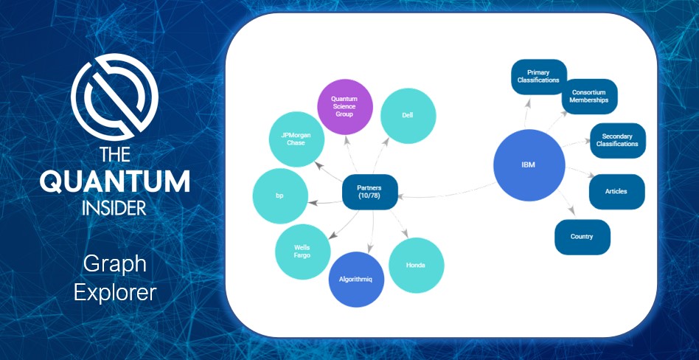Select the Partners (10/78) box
click(x=370, y=193)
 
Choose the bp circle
click(x=279, y=197)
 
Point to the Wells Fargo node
click(x=302, y=252)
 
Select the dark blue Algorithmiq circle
click(x=357, y=280)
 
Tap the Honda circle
click(x=416, y=266)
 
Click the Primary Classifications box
click(x=538, y=77)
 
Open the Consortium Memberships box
click(x=589, y=97)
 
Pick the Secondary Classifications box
click(x=618, y=140)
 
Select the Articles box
click(x=616, y=192)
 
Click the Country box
click(x=582, y=237)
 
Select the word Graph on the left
click(x=114, y=263)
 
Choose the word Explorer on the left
click(x=114, y=291)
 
